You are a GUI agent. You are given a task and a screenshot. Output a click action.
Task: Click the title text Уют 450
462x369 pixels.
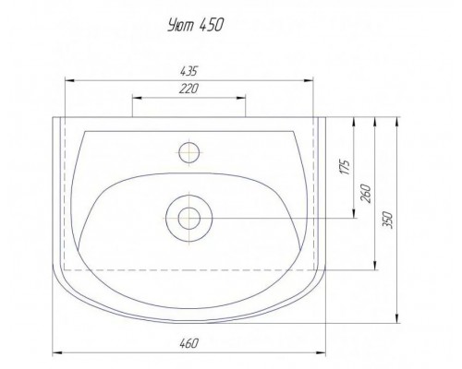coord(195,25)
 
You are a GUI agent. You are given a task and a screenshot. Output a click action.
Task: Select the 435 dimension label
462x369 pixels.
coord(188,71)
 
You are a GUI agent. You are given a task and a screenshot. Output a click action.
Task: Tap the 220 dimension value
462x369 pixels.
coord(188,89)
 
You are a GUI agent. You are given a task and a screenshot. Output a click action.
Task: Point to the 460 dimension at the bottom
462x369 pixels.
coord(188,343)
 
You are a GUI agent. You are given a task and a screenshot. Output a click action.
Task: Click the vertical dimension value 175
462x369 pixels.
coord(346,167)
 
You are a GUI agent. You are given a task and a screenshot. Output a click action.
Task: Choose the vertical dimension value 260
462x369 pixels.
coord(367,194)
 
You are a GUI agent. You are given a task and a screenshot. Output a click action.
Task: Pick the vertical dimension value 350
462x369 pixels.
coord(388,220)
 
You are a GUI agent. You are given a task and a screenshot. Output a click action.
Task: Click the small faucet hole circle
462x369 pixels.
coord(189,152)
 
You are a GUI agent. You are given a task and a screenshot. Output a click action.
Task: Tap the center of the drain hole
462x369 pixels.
coord(189,219)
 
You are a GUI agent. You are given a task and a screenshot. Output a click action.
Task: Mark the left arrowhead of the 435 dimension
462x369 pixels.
coord(69,80)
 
